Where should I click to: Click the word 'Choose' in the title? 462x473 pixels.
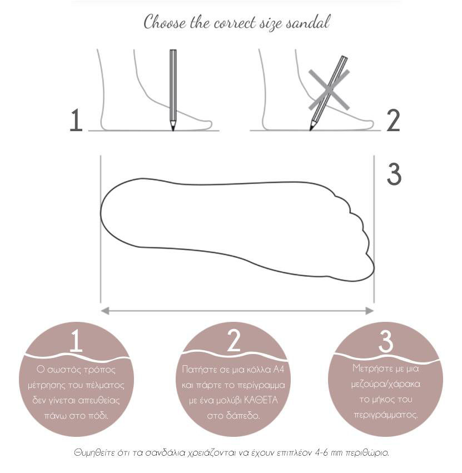(x=165, y=22)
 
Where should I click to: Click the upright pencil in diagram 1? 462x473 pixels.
(x=173, y=90)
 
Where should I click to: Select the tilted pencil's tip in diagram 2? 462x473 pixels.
(x=311, y=130)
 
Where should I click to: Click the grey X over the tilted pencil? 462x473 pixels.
(x=329, y=89)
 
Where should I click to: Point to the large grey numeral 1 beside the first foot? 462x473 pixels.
(x=76, y=120)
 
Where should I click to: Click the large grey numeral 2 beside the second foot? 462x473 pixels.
(x=393, y=121)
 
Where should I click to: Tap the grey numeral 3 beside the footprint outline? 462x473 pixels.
(x=394, y=175)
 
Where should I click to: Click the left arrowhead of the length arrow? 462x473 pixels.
(x=105, y=311)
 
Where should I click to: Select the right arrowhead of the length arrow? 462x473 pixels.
(x=370, y=311)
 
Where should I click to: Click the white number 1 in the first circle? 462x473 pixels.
(x=76, y=341)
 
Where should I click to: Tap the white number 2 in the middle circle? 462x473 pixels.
(x=233, y=341)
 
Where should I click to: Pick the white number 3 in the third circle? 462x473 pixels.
(x=386, y=341)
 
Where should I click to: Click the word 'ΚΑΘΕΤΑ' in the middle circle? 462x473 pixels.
(x=261, y=400)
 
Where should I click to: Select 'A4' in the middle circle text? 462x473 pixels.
(x=279, y=369)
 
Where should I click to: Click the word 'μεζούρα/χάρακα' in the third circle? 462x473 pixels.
(x=386, y=384)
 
